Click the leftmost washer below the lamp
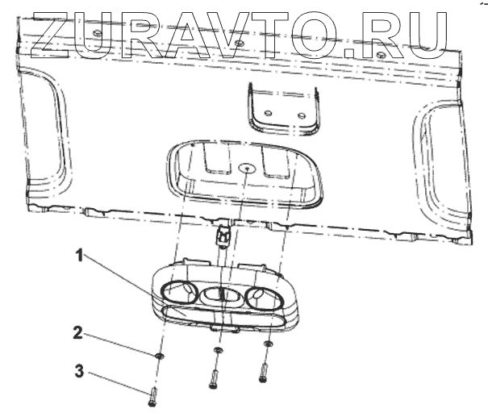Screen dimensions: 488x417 (161, 356)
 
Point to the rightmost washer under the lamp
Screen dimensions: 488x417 (267, 344)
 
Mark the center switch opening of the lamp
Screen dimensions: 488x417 (219, 296)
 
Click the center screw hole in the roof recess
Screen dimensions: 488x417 (245, 169)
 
